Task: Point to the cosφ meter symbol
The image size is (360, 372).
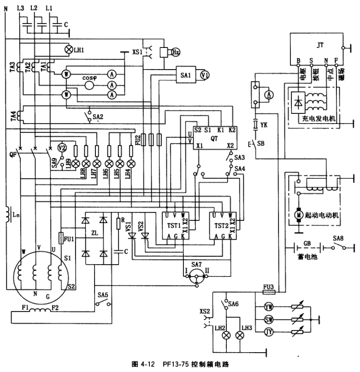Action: (89, 78)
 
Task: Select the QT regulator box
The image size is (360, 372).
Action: (215, 137)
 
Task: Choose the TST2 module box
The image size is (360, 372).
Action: (222, 225)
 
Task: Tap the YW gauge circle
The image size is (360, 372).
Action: (269, 307)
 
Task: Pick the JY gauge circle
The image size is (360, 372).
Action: (269, 331)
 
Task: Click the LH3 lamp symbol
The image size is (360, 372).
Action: (239, 335)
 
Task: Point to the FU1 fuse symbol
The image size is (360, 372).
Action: (61, 238)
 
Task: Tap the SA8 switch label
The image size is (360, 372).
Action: (338, 239)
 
